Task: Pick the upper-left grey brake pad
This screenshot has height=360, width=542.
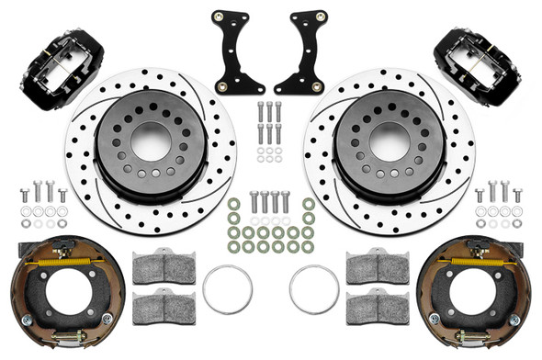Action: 164,268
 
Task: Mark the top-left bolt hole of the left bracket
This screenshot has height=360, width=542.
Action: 217,17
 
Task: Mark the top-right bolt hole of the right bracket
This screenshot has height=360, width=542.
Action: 322,17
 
